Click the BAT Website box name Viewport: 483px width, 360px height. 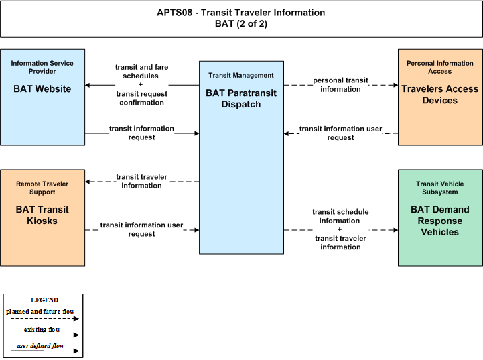pyautogui.click(x=42, y=88)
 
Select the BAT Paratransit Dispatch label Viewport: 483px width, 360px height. pyautogui.click(x=241, y=99)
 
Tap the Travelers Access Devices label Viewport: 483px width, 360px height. pyautogui.click(x=440, y=95)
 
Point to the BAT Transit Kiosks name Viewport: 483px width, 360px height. pyautogui.click(x=42, y=215)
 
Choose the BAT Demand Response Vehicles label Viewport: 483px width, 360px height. pyautogui.click(x=440, y=221)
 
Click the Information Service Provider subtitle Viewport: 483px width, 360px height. pyautogui.click(x=42, y=67)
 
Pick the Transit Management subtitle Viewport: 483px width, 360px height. pyautogui.click(x=241, y=76)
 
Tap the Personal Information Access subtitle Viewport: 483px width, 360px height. pyautogui.click(x=440, y=67)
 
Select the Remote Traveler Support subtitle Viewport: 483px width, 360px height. pyautogui.click(x=42, y=188)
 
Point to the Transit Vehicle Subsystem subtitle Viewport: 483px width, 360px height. pyautogui.click(x=440, y=188)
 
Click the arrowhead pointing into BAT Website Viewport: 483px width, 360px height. pyautogui.click(x=88, y=85)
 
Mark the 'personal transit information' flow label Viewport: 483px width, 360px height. pyautogui.click(x=340, y=84)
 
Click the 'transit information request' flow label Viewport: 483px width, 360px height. pyautogui.click(x=142, y=133)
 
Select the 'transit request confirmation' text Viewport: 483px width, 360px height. pyautogui.click(x=142, y=98)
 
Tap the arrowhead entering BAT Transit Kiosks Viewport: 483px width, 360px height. pyautogui.click(x=88, y=182)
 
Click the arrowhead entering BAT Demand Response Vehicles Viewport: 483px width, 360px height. pyautogui.click(x=395, y=230)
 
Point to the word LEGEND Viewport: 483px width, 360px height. pyautogui.click(x=44, y=300)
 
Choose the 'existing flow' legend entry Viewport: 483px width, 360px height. pyautogui.click(x=42, y=329)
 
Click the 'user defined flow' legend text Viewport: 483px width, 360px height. pyautogui.click(x=41, y=345)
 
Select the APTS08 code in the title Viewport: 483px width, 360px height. pyautogui.click(x=174, y=13)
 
